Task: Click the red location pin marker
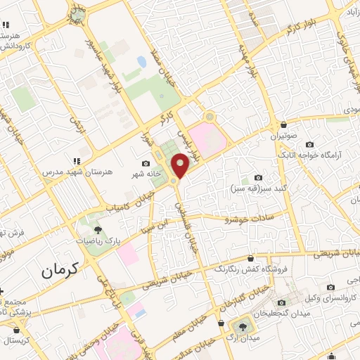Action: point(181,166)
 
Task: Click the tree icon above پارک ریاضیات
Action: point(98,229)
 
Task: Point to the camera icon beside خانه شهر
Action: point(146,163)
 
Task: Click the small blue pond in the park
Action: point(141,62)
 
